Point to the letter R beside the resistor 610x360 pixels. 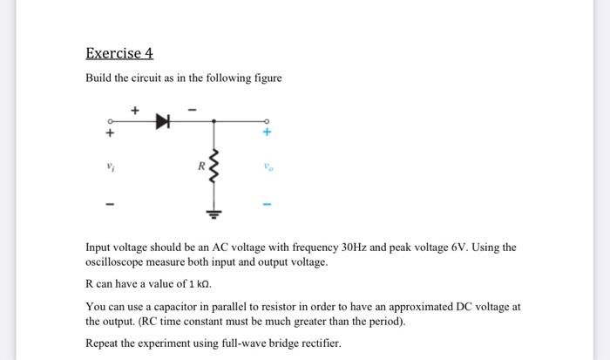pyautogui.click(x=200, y=164)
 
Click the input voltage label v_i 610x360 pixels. pyautogui.click(x=110, y=165)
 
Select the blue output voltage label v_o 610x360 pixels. pyautogui.click(x=268, y=165)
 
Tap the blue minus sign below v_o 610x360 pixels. pyautogui.click(x=268, y=207)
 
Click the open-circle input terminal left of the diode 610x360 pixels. pyautogui.click(x=110, y=121)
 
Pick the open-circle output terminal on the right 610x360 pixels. pyautogui.click(x=268, y=121)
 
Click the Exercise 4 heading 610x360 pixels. pyautogui.click(x=119, y=53)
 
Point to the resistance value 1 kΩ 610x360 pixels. pyautogui.click(x=196, y=284)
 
